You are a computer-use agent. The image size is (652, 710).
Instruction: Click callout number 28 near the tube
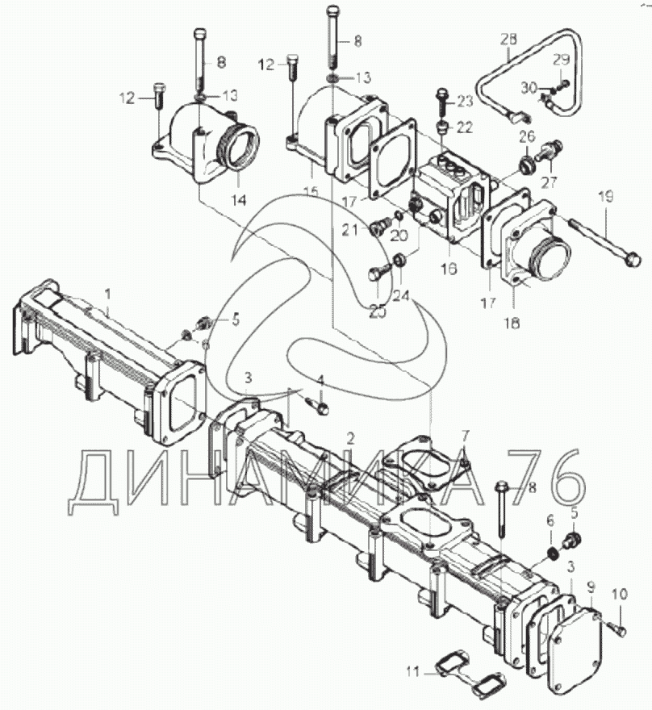coord(508,40)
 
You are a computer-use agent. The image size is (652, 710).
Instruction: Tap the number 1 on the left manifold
coord(107,294)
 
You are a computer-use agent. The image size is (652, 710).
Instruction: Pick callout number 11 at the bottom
coord(412,673)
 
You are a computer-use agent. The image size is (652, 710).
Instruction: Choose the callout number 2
coord(349,438)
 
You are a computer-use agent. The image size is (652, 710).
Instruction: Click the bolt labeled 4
coord(317,405)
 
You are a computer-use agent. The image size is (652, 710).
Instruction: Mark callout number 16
coord(449,269)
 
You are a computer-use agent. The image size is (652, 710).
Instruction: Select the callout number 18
coord(512,324)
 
